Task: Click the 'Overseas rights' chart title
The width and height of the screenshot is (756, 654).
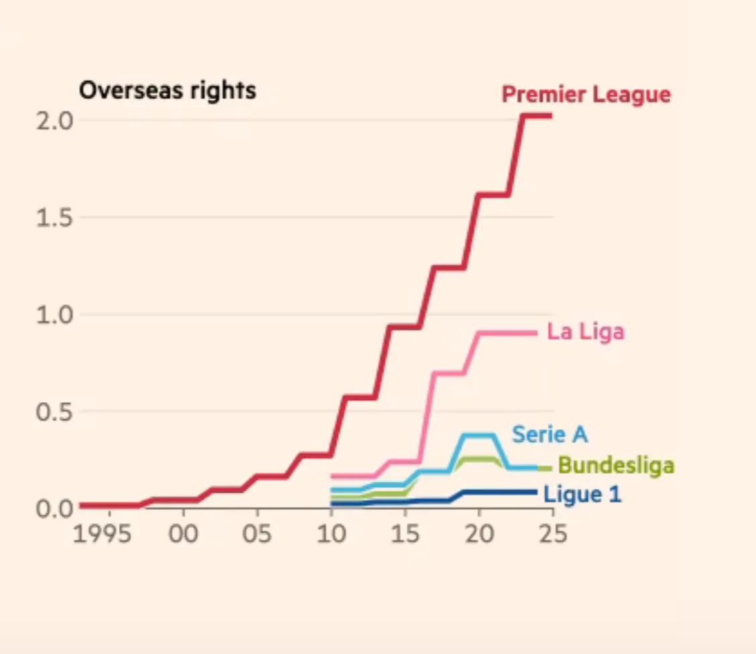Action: pos(168,90)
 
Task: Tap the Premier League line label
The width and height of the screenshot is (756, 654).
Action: pos(586,94)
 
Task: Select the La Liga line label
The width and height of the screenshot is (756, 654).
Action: pos(585,331)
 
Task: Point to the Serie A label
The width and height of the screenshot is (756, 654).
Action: pos(550,434)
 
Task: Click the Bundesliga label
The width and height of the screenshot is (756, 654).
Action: pos(616,465)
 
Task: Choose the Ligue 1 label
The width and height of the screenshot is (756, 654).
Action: pos(582,495)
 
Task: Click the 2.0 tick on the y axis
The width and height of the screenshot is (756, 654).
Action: pos(54,121)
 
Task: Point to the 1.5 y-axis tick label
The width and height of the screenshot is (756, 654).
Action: pos(54,218)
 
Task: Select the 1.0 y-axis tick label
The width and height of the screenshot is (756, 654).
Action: pos(54,314)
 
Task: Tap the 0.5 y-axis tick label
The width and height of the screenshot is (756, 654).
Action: pos(54,411)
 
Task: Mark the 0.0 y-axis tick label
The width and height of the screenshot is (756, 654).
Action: pos(54,508)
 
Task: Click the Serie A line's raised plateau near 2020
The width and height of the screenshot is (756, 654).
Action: pos(479,436)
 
